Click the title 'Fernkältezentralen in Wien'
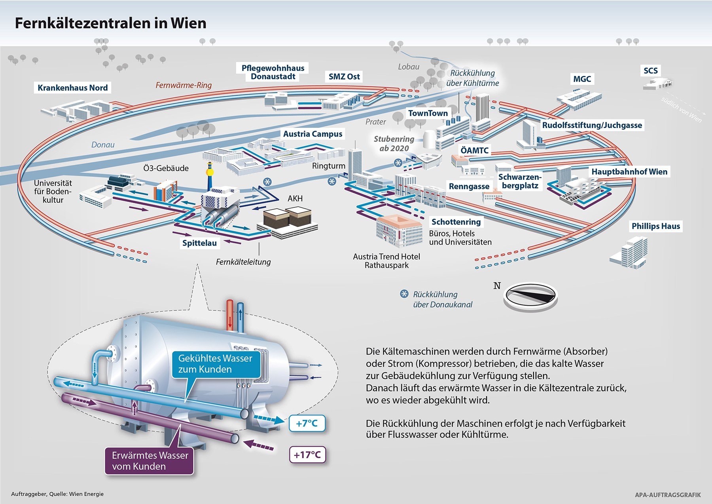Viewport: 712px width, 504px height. (x=110, y=23)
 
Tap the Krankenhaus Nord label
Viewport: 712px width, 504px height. (x=72, y=87)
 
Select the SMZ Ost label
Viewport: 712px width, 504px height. (x=344, y=76)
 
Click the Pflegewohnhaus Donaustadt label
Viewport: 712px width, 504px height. (x=273, y=72)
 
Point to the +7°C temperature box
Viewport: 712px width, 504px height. (x=307, y=423)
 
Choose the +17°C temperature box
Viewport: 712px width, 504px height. (x=307, y=455)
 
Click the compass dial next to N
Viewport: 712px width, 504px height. (x=530, y=296)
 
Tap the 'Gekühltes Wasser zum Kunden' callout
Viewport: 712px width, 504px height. (x=216, y=363)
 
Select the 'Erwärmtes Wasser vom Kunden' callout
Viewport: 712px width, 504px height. (x=150, y=460)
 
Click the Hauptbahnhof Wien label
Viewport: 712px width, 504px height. (x=629, y=171)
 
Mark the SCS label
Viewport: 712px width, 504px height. (x=650, y=70)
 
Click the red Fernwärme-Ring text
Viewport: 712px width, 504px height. (x=184, y=85)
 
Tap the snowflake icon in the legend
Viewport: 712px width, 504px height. (x=404, y=294)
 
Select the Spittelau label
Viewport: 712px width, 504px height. (x=199, y=243)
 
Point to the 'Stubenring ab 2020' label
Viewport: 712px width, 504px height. (x=394, y=143)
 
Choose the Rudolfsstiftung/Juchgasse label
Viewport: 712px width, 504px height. (x=592, y=125)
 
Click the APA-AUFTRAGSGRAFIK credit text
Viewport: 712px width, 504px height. (x=667, y=494)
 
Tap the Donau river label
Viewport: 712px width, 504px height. (x=103, y=145)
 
